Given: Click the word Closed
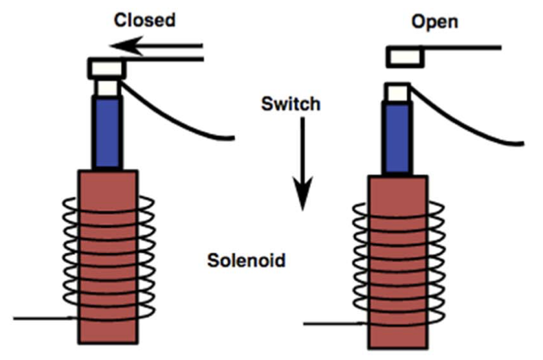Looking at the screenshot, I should point(144,19).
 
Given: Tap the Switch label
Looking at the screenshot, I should point(291,104).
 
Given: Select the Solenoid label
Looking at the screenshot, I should point(246,261).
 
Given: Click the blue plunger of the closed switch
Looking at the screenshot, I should point(107,133).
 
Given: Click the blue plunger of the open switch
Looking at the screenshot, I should point(397,138).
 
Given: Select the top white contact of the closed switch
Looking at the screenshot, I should point(106,68).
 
